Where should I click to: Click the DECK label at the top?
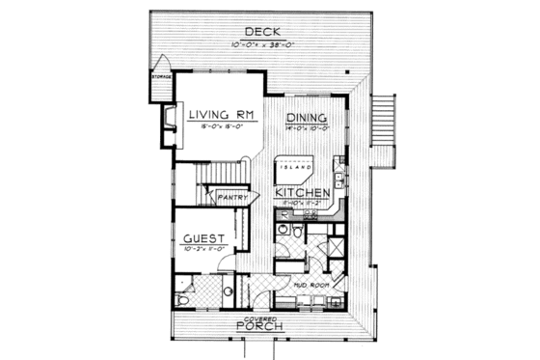[x=261, y=32]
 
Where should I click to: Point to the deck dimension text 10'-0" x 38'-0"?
[x=262, y=45]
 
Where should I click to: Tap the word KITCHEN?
[x=304, y=193]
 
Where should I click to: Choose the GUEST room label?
[x=203, y=237]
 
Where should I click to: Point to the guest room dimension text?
[x=203, y=248]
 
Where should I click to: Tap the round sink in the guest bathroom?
[x=228, y=290]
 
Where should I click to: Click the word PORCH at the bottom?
[x=261, y=327]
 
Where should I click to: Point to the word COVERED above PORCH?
[x=260, y=317]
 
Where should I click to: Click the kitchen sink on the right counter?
[x=340, y=180]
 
